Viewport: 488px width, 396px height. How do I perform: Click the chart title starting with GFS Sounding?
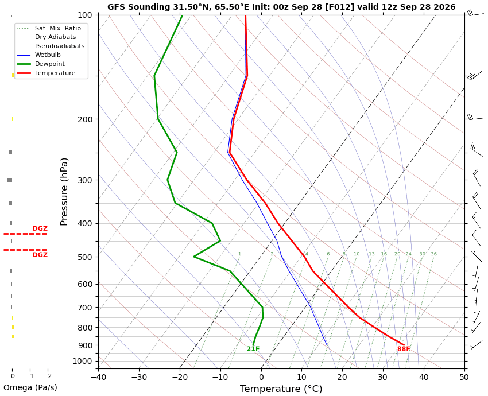(281, 7)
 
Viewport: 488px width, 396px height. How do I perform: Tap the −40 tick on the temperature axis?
(98, 377)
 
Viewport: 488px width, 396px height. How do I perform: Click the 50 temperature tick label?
(464, 377)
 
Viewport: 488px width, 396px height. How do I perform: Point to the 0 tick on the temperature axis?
(261, 377)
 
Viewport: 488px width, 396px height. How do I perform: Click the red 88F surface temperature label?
(404, 349)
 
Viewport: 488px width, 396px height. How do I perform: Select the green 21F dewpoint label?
(253, 349)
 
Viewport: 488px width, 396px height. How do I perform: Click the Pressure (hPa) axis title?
(64, 192)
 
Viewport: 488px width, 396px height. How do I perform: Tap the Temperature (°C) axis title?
(281, 389)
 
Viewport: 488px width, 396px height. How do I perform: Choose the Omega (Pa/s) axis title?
(30, 387)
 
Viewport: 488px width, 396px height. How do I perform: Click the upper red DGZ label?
(40, 228)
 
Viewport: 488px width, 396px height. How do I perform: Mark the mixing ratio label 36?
(434, 254)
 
